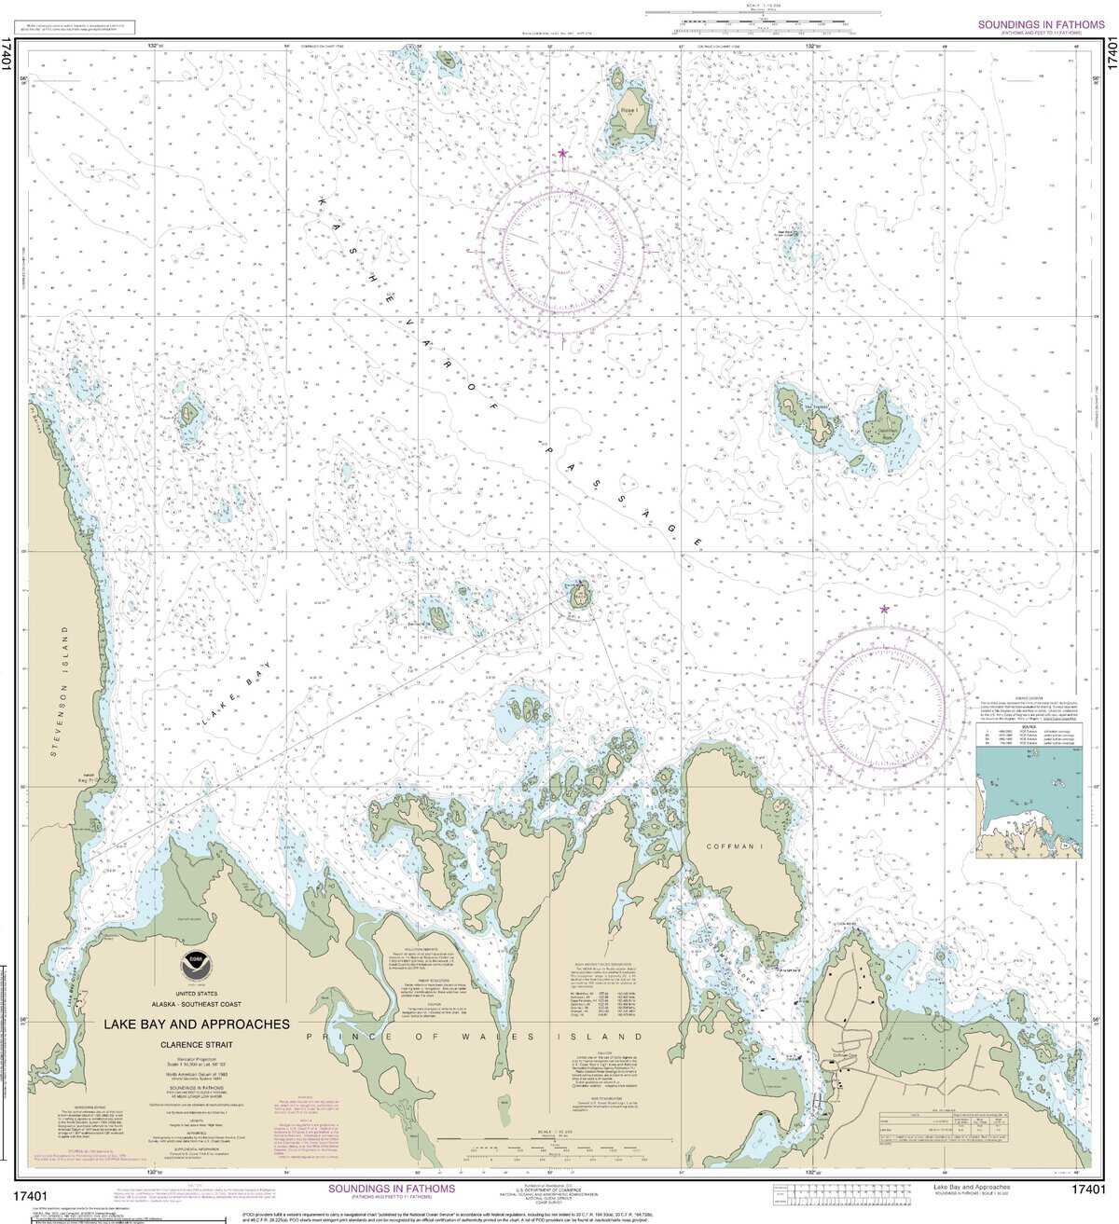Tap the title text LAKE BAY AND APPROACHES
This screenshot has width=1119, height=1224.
[x=197, y=1024]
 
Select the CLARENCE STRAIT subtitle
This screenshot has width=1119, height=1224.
[x=197, y=1045]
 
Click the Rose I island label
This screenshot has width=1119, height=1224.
[x=631, y=110]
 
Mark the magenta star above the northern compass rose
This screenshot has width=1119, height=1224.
[x=561, y=153]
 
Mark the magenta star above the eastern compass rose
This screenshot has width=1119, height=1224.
[x=884, y=610]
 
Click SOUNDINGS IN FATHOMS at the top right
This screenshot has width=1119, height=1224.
[x=1041, y=25]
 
